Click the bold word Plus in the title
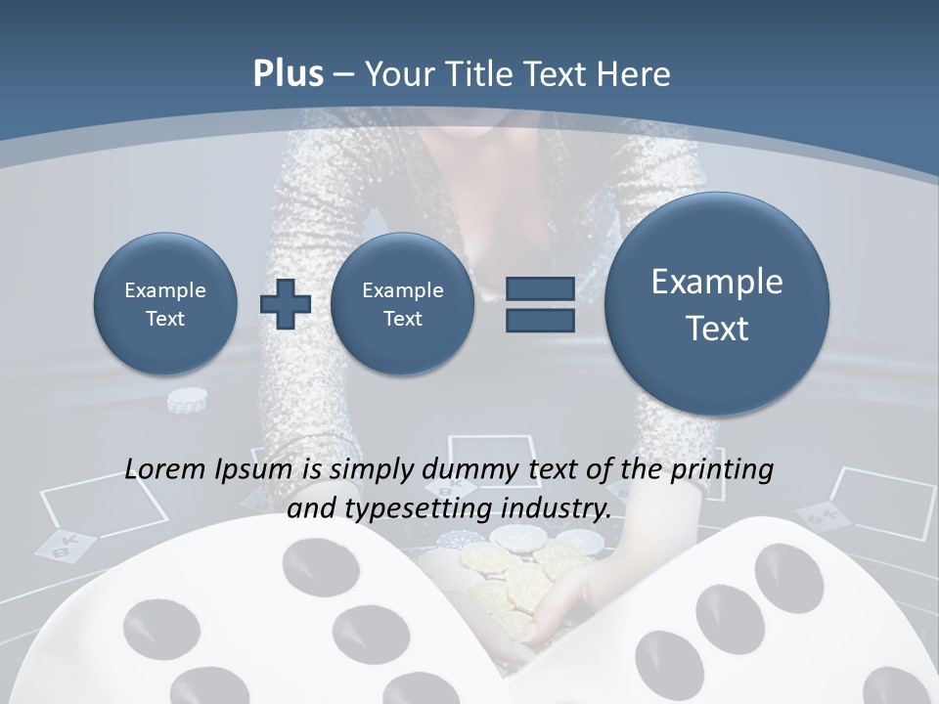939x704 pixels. point(288,74)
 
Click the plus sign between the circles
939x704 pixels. point(285,304)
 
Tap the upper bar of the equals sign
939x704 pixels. point(540,288)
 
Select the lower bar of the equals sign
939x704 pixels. point(540,320)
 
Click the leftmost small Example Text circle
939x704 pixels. point(165,304)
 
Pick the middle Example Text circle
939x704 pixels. point(402,304)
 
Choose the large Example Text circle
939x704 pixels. point(717,304)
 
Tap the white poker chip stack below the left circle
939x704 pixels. point(187,400)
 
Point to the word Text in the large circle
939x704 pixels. point(717,329)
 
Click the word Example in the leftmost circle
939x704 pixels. point(165,290)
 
